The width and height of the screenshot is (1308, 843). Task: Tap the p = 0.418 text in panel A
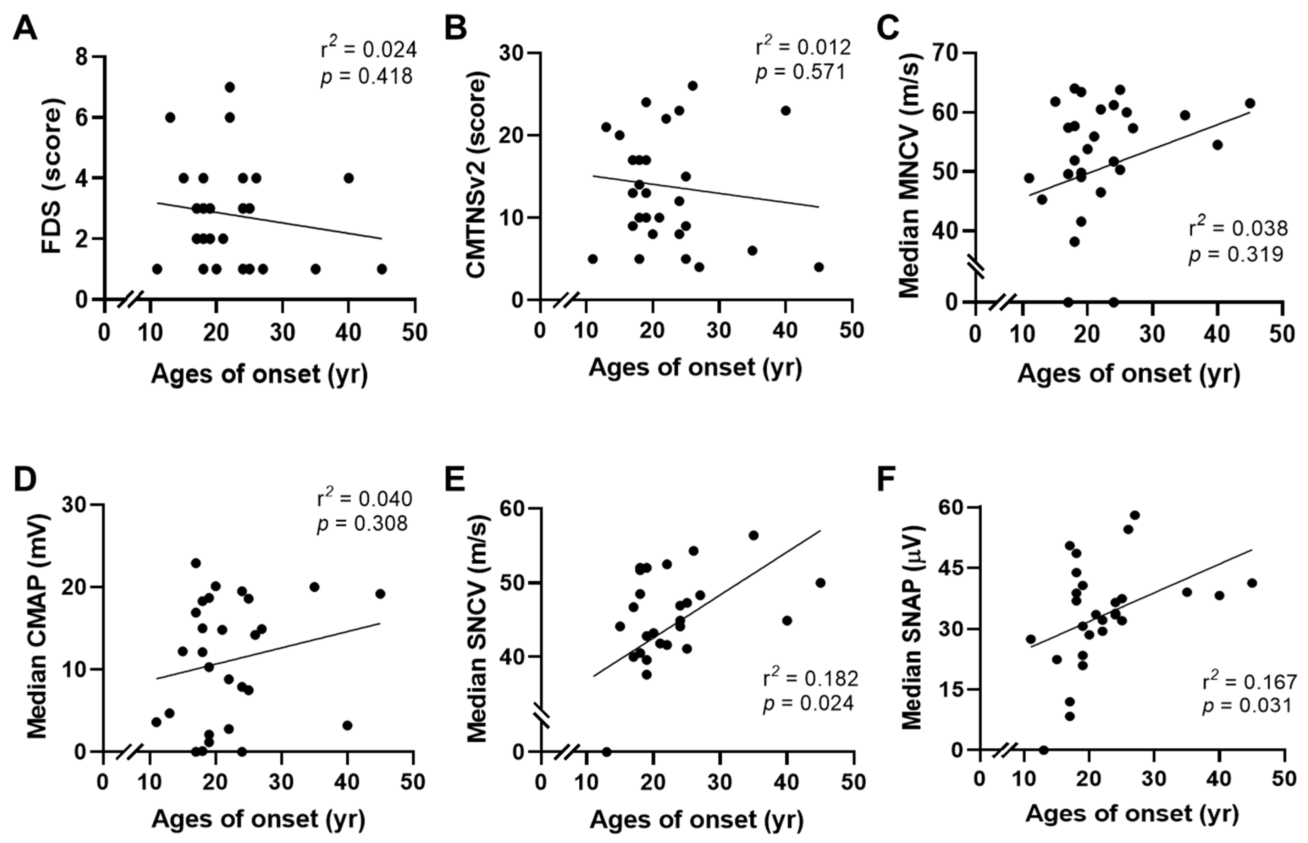(x=366, y=76)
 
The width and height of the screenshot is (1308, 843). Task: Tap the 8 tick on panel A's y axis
(x=82, y=56)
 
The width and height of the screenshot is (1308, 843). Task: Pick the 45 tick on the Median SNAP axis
(x=951, y=568)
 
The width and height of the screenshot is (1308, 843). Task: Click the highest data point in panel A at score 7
(x=230, y=87)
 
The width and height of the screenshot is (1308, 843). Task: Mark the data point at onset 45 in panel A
(x=382, y=269)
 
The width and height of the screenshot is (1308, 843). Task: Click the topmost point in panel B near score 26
(x=692, y=86)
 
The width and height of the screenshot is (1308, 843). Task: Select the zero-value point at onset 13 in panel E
(x=606, y=752)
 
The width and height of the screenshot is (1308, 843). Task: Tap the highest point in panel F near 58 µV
(x=1135, y=515)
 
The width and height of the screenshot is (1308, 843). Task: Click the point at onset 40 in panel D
(x=347, y=725)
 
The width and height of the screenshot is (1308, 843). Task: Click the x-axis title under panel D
(x=258, y=819)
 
